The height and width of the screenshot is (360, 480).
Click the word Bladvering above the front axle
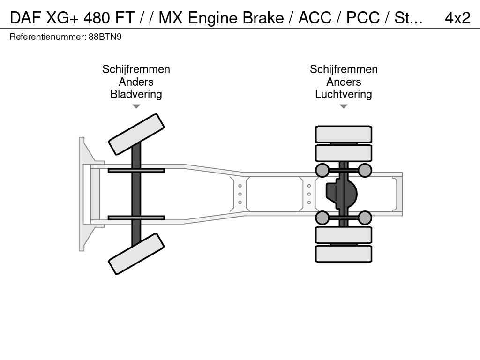pos(136,94)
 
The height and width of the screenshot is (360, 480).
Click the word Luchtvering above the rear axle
pos(344,94)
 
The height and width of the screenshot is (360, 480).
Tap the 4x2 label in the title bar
pos(457,18)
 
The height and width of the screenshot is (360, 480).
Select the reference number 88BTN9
pos(105,37)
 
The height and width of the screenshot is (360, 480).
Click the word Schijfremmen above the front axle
pos(136,69)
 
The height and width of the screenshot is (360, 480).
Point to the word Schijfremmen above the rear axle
pos(344,69)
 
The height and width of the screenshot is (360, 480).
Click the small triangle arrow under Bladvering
pos(136,106)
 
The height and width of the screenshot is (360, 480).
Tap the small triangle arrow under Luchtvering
pos(344,106)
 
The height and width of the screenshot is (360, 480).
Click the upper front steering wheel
pos(136,134)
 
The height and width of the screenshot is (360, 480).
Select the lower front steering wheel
pos(136,254)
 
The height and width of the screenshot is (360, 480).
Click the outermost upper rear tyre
pos(344,135)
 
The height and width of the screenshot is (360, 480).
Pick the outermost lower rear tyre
pos(344,254)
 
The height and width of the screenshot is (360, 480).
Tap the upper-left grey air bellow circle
pos(322,170)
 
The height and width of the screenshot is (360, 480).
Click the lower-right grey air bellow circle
pos(365,217)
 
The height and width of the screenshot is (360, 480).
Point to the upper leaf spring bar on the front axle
pos(136,170)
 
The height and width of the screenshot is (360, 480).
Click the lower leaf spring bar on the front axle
pos(136,217)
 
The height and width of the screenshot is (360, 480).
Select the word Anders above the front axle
pos(136,82)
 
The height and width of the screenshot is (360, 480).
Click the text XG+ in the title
pos(62,18)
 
